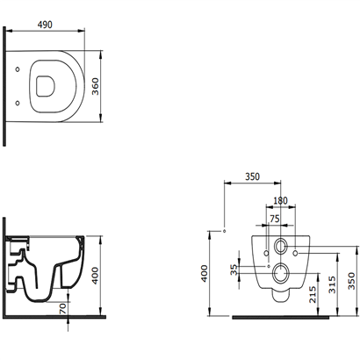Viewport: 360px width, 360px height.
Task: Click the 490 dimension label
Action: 45,25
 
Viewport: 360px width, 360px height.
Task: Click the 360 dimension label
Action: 96,86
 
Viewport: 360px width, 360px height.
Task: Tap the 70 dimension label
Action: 63,308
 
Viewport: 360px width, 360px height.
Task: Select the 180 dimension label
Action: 280,200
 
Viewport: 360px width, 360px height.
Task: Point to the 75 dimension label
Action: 274,219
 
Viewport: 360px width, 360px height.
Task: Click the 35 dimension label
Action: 234,270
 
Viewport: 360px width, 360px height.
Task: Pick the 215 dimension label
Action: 313,294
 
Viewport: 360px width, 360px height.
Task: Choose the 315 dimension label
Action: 332,284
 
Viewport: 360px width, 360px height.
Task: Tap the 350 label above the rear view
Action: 252,176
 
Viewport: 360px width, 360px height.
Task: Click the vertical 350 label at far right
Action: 351,281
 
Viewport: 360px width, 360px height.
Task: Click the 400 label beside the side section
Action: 96,276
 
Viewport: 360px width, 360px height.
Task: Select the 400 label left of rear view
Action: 205,274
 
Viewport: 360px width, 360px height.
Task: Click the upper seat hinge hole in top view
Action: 18,69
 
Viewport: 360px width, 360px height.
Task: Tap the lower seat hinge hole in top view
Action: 18,103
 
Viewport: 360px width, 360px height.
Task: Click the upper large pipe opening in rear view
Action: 280,246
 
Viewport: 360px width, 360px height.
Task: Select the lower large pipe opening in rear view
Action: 280,273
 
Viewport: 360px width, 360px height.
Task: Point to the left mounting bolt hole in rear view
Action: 266,253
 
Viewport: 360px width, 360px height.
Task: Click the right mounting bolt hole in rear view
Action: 295,253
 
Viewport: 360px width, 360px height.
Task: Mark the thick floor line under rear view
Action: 280,317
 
